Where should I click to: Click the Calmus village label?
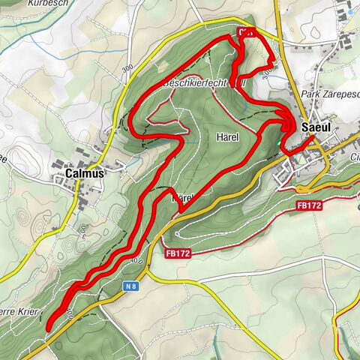point(79,172)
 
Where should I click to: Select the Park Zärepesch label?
point(328,94)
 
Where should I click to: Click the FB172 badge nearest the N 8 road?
point(177,253)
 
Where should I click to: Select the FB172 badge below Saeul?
point(309,204)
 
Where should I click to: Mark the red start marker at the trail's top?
point(244,32)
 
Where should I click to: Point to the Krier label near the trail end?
point(22,310)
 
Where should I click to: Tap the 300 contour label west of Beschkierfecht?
point(124,68)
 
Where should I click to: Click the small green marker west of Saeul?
point(280,140)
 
